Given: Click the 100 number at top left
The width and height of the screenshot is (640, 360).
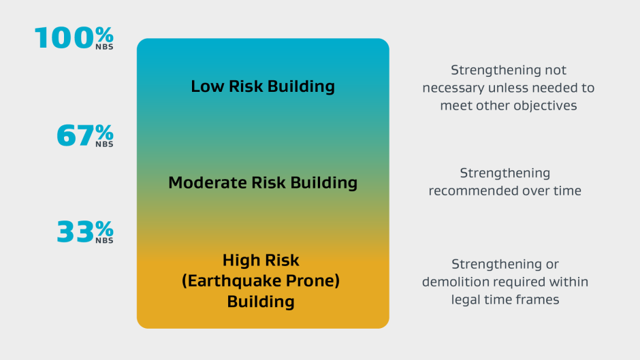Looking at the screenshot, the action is coord(65,38).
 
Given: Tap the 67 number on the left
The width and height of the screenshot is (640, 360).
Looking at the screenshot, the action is coord(76,135).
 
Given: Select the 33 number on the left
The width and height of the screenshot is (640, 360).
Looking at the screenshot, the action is coord(76,231).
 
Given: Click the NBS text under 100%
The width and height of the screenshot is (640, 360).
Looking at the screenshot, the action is coord(104,47).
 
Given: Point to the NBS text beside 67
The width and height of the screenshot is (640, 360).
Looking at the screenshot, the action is coord(104,144).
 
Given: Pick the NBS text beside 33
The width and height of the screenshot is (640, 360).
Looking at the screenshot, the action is coord(104,240).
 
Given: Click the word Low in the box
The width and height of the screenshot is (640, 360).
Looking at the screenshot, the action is coord(207,86).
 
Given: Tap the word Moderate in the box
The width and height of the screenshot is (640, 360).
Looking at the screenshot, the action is coord(207,182).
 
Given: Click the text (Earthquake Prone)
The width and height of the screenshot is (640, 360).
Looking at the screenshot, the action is coord(261,281).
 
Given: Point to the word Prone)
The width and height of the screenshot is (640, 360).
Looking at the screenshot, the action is coord(313,281).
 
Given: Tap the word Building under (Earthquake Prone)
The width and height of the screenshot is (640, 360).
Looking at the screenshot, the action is coord(261,301).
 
